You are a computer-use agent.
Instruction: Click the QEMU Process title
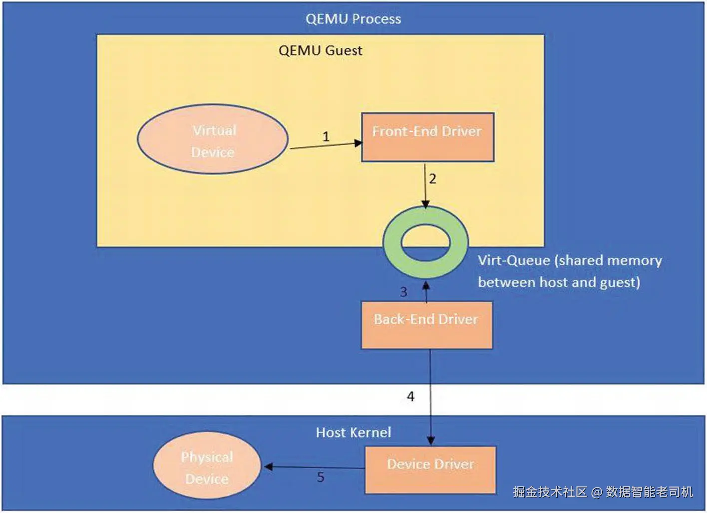point(353,19)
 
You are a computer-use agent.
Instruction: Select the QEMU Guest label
point(321,51)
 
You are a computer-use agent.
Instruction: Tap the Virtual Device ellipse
point(212,139)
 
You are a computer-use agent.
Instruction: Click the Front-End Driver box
point(428,137)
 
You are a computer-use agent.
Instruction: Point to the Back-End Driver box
point(427,325)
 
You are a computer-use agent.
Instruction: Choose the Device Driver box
point(430,470)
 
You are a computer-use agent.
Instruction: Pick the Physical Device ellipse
point(207,466)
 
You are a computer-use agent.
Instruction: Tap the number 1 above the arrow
point(326,137)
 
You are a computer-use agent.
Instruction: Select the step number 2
point(433,179)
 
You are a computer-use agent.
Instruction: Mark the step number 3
point(404,292)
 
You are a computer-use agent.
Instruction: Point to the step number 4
point(410,396)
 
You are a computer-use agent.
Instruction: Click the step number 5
point(321,477)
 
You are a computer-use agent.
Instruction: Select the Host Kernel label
point(353,432)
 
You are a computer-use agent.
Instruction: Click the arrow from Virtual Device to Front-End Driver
point(326,145)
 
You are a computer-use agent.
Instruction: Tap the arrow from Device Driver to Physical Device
point(315,467)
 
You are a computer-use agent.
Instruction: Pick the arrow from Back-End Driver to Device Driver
point(430,397)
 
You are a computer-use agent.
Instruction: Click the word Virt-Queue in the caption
point(514,261)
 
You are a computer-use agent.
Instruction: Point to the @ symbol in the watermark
point(596,492)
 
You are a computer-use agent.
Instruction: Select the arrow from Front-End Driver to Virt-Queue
point(425,186)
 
